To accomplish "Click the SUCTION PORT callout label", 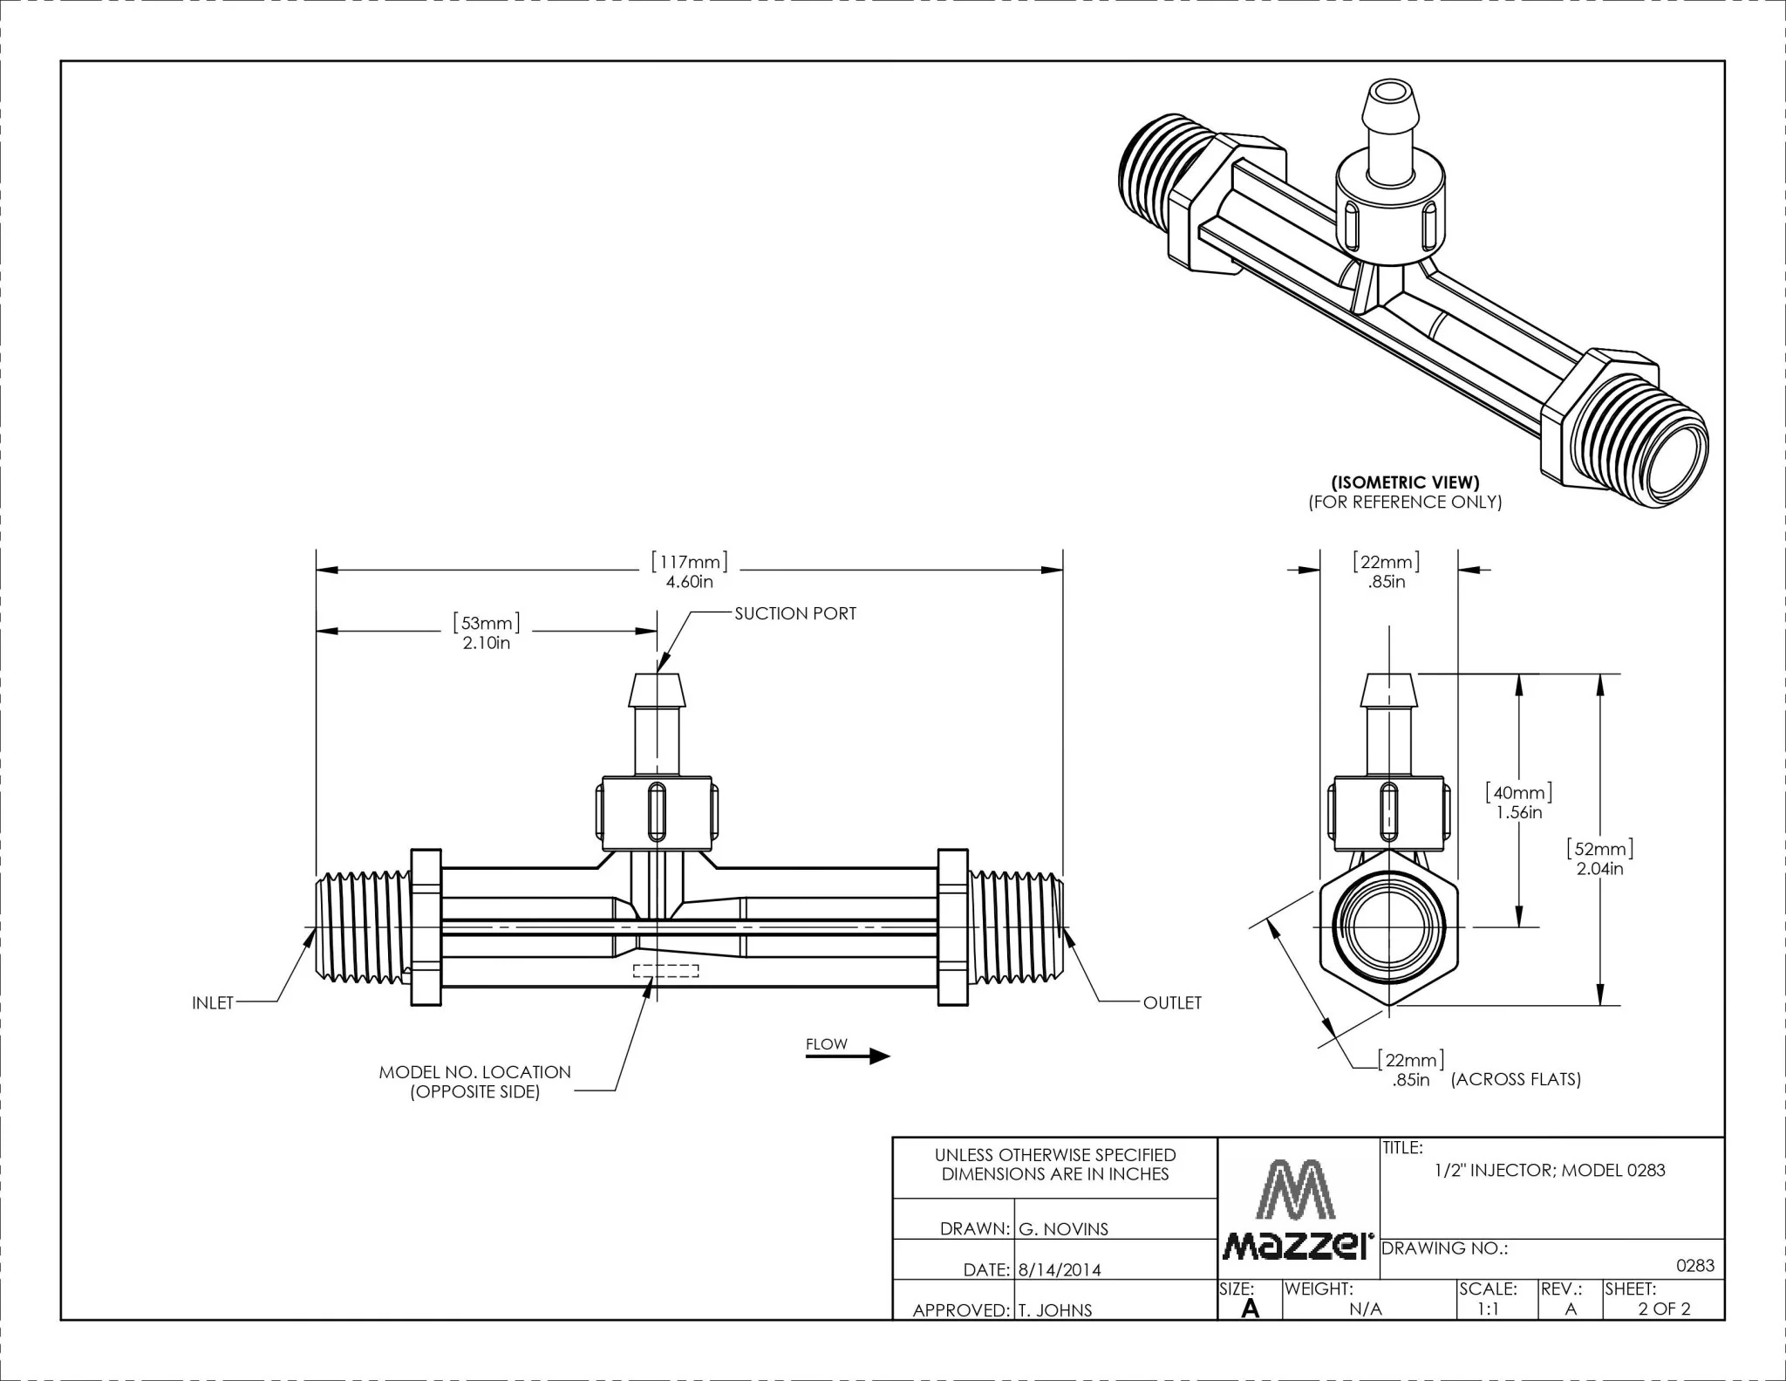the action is (795, 613).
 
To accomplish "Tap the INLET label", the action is (213, 1003).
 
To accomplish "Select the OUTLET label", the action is (1172, 1003).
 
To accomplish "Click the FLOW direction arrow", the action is (847, 1056).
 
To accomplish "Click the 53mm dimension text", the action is (487, 632).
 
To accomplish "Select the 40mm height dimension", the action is (1519, 803).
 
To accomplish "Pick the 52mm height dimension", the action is (1600, 858).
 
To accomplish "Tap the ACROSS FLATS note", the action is (1516, 1079).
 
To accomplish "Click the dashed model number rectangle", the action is (665, 971).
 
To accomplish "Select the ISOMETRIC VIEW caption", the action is (1405, 482).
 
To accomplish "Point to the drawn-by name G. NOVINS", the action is (1063, 1229).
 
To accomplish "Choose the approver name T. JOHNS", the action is (1054, 1310).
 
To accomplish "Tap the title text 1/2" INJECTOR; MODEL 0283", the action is (1550, 1170).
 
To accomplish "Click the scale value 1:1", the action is (1489, 1309).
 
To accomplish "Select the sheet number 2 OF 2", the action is (1664, 1309).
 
